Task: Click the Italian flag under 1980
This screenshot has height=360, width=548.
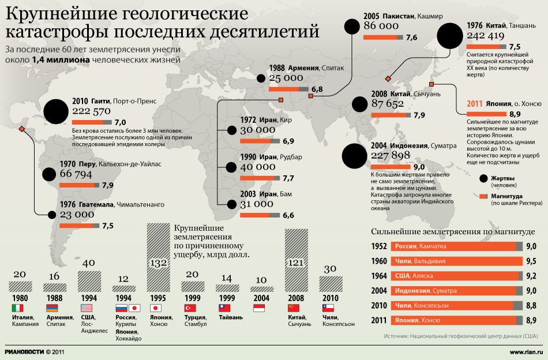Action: [x=18, y=308]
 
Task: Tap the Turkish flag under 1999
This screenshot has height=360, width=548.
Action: [x=190, y=308]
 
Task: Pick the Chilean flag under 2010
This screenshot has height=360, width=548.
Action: [x=328, y=308]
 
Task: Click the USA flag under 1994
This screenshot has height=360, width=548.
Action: [x=87, y=308]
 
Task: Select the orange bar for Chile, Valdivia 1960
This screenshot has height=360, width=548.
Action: [x=456, y=260]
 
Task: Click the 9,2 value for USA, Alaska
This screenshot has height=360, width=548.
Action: [x=531, y=275]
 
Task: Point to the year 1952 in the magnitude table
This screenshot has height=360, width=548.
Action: [x=378, y=246]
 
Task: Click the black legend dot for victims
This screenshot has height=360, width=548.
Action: [x=483, y=178]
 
